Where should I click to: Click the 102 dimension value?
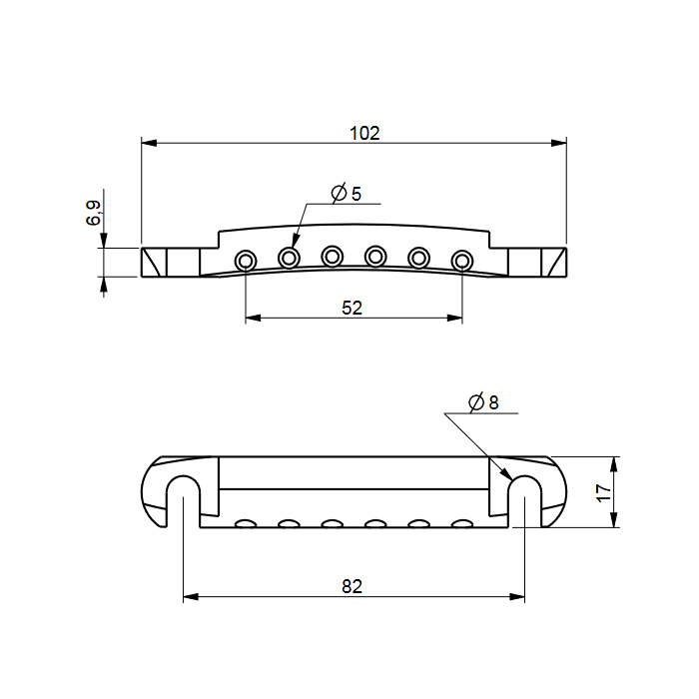click(364, 133)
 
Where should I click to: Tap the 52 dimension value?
click(351, 308)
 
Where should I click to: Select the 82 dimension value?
click(351, 587)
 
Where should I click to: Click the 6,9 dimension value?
click(93, 213)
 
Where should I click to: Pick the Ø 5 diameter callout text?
click(346, 194)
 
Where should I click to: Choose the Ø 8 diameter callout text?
click(483, 402)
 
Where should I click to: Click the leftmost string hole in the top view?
click(246, 260)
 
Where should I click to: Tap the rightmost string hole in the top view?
click(462, 260)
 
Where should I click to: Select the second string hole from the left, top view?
click(289, 257)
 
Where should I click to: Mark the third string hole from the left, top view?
click(333, 256)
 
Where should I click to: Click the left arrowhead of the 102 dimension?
click(149, 143)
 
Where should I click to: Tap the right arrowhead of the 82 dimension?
click(517, 597)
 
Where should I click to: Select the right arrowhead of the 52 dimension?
click(454, 318)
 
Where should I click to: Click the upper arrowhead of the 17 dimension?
click(614, 464)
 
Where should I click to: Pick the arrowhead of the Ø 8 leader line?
click(506, 474)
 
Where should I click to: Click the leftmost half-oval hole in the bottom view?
click(246, 523)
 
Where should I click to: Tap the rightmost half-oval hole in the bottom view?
click(462, 523)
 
